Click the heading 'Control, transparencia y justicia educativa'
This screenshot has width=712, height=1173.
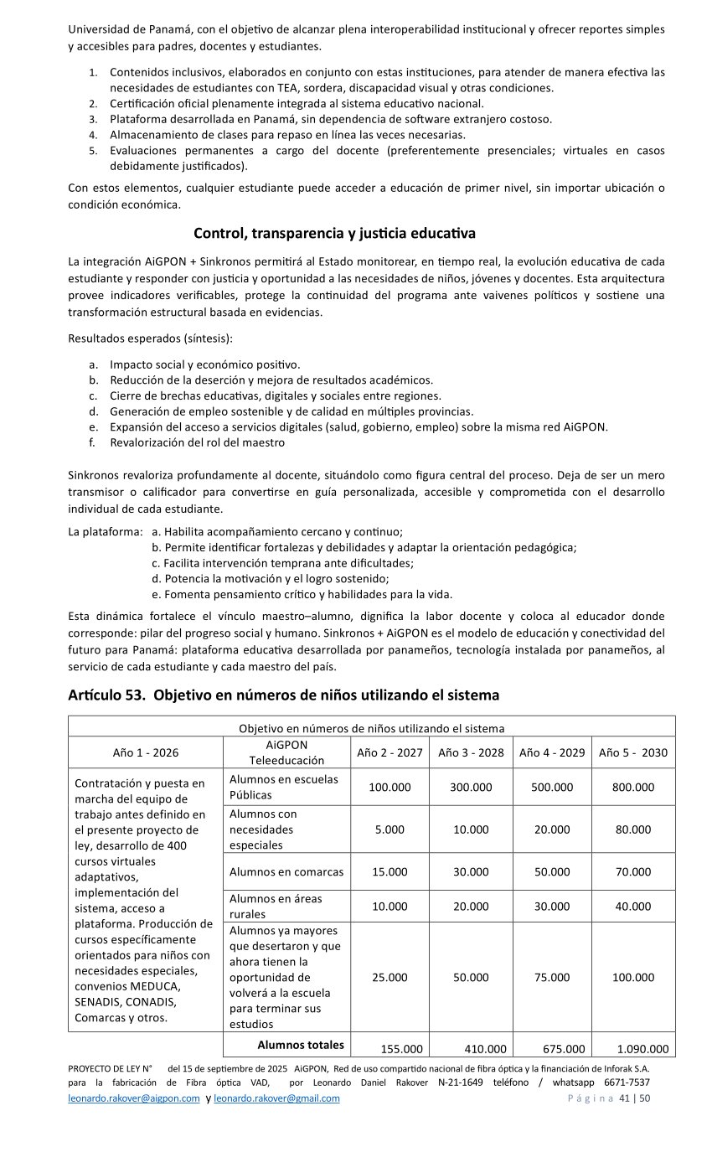(334, 232)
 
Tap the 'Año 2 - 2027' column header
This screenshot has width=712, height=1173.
(390, 752)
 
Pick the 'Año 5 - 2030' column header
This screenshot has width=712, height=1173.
(633, 752)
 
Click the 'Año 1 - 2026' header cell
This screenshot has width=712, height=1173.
(146, 752)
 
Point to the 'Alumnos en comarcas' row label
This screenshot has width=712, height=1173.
(286, 871)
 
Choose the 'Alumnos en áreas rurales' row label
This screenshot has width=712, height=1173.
(276, 906)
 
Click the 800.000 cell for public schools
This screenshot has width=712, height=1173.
(633, 787)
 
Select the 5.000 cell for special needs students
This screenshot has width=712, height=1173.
(390, 829)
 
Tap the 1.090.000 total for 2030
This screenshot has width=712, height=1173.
(642, 1048)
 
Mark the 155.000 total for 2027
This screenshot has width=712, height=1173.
(401, 1048)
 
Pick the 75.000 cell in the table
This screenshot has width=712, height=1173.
(552, 977)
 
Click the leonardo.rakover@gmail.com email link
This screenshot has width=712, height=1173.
(276, 1098)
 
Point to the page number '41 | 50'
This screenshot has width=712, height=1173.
(634, 1098)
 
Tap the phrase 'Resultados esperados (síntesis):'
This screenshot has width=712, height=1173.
(150, 338)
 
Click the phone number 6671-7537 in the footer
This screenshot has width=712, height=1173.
(627, 1083)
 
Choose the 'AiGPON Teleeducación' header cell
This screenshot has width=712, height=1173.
(286, 752)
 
